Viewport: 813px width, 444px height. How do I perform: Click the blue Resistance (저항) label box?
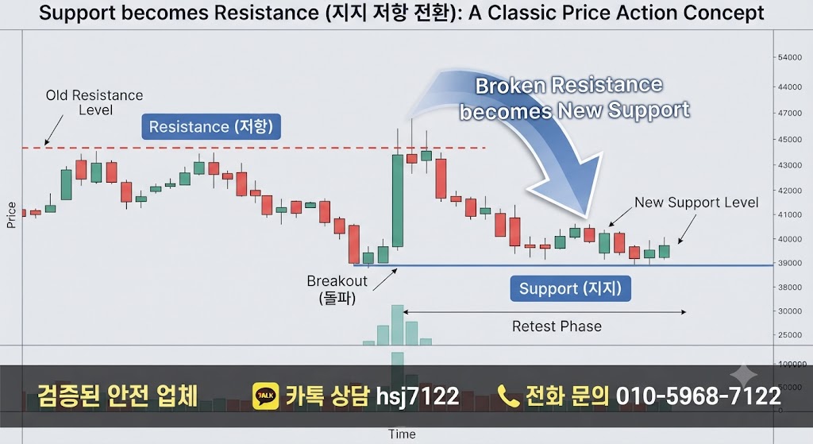(x=211, y=126)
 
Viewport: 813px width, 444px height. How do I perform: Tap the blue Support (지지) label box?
(x=570, y=288)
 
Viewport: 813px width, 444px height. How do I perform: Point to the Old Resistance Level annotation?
(x=94, y=102)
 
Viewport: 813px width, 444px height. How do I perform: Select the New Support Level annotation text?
(x=696, y=203)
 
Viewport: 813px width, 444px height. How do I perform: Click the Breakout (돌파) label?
(x=337, y=289)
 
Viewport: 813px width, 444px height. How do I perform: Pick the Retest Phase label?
(x=557, y=326)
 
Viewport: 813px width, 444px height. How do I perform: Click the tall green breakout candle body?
(x=398, y=201)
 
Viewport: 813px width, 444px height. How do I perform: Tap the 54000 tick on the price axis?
(x=790, y=57)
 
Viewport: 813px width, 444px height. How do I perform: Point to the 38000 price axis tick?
(x=790, y=287)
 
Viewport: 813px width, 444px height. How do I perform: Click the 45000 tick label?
(x=790, y=139)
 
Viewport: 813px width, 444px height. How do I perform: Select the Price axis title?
(x=11, y=214)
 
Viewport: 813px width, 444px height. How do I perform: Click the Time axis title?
(x=402, y=434)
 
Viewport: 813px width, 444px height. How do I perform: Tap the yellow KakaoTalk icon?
(x=265, y=396)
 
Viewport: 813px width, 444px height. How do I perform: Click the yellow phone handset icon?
(x=508, y=396)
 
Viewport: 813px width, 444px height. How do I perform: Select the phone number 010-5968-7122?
(x=699, y=396)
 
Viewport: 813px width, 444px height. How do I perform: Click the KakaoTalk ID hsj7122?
(x=418, y=396)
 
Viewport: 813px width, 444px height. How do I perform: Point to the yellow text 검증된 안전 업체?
(x=118, y=396)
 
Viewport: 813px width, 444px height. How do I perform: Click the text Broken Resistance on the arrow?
(x=568, y=85)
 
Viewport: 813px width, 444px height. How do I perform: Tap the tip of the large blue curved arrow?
(x=587, y=216)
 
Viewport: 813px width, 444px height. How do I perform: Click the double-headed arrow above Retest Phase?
(x=545, y=311)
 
